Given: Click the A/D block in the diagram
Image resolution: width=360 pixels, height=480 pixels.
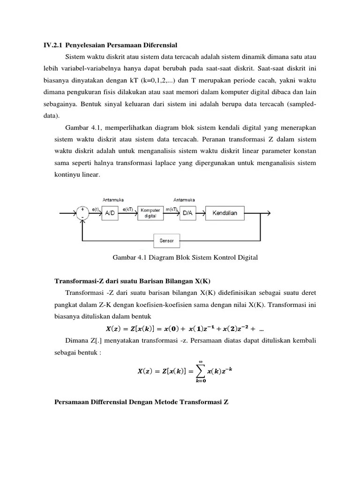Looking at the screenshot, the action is click(109, 213).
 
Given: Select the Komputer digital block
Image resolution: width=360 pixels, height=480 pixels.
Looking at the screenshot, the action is click(150, 213).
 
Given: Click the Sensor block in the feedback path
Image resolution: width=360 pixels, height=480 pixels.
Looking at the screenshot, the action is click(166, 241).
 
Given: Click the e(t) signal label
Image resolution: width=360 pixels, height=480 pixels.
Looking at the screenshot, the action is click(96, 209).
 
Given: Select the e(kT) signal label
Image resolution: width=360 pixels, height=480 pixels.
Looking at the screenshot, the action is click(129, 209).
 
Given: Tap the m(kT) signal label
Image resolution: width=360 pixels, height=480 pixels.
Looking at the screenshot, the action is click(171, 209).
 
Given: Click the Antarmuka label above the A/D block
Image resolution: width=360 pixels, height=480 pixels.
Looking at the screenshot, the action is click(113, 198).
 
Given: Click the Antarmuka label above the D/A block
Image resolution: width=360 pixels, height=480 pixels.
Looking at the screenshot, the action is click(184, 198).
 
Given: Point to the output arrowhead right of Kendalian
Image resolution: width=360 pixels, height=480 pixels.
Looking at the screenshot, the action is click(268, 213).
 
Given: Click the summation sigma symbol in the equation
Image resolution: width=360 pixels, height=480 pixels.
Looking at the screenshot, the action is click(201, 371).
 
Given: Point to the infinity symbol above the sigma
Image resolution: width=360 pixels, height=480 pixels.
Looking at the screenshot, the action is click(201, 361).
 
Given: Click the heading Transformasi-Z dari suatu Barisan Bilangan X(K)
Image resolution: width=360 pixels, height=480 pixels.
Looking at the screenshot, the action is click(133, 281).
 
